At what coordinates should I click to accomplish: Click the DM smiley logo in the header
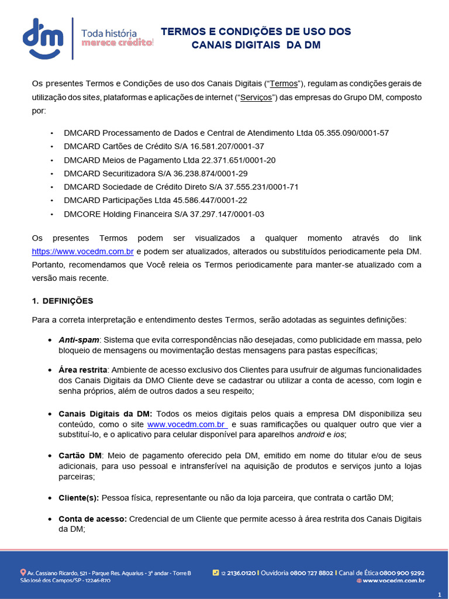43,39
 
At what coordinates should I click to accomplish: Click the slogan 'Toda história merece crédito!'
117,38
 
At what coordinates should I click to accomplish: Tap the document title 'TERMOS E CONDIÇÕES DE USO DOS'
256,32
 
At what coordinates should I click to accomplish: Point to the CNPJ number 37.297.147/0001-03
227,214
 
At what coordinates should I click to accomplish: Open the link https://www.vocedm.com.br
83,252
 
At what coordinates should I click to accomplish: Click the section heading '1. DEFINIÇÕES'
62,301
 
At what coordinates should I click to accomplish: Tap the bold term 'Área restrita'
82,370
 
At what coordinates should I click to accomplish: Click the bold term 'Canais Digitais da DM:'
105,414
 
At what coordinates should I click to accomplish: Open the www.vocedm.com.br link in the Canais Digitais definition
186,424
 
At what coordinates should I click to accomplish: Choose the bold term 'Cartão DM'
80,455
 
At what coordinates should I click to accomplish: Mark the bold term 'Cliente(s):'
79,498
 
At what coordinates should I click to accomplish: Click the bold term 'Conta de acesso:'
92,519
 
